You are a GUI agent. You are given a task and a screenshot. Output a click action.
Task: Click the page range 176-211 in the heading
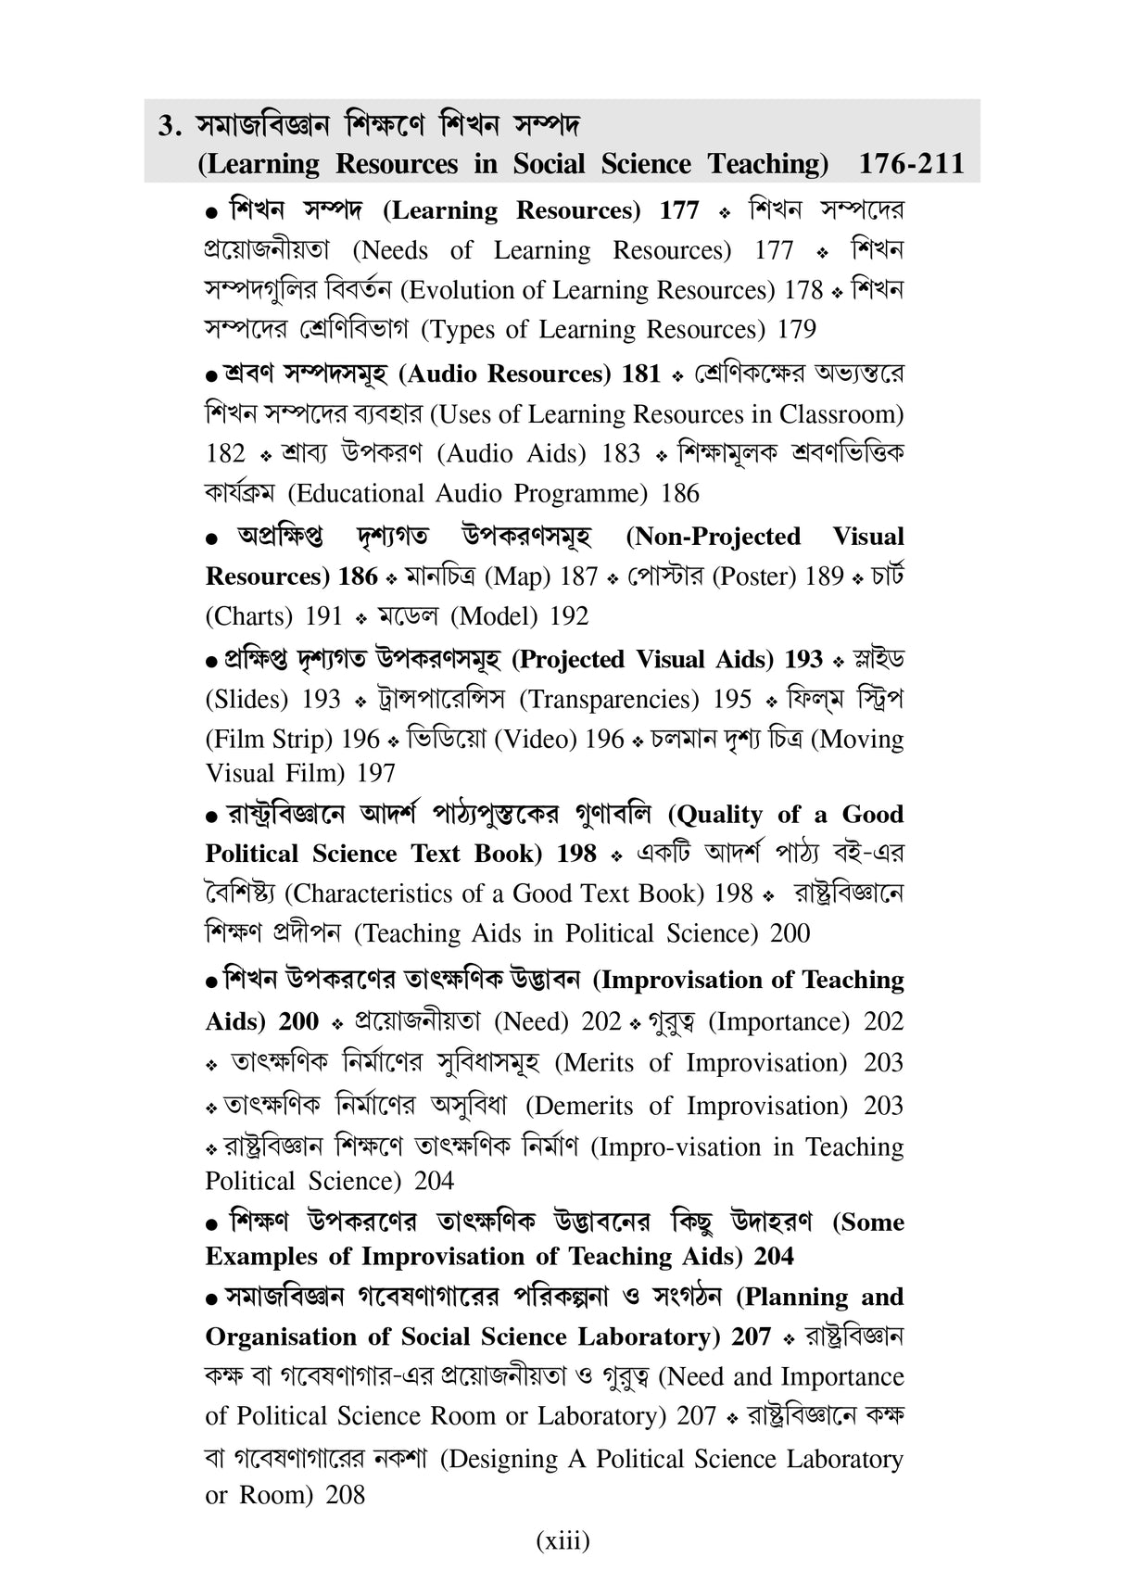(x=911, y=164)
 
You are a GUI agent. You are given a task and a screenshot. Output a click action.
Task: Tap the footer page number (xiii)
(x=562, y=1540)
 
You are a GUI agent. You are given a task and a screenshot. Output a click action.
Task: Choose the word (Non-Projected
(x=714, y=537)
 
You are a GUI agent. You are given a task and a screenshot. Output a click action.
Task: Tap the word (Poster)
(x=749, y=576)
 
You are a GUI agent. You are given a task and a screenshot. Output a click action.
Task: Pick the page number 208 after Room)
(x=346, y=1495)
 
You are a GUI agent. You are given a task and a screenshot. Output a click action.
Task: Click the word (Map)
(x=518, y=576)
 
